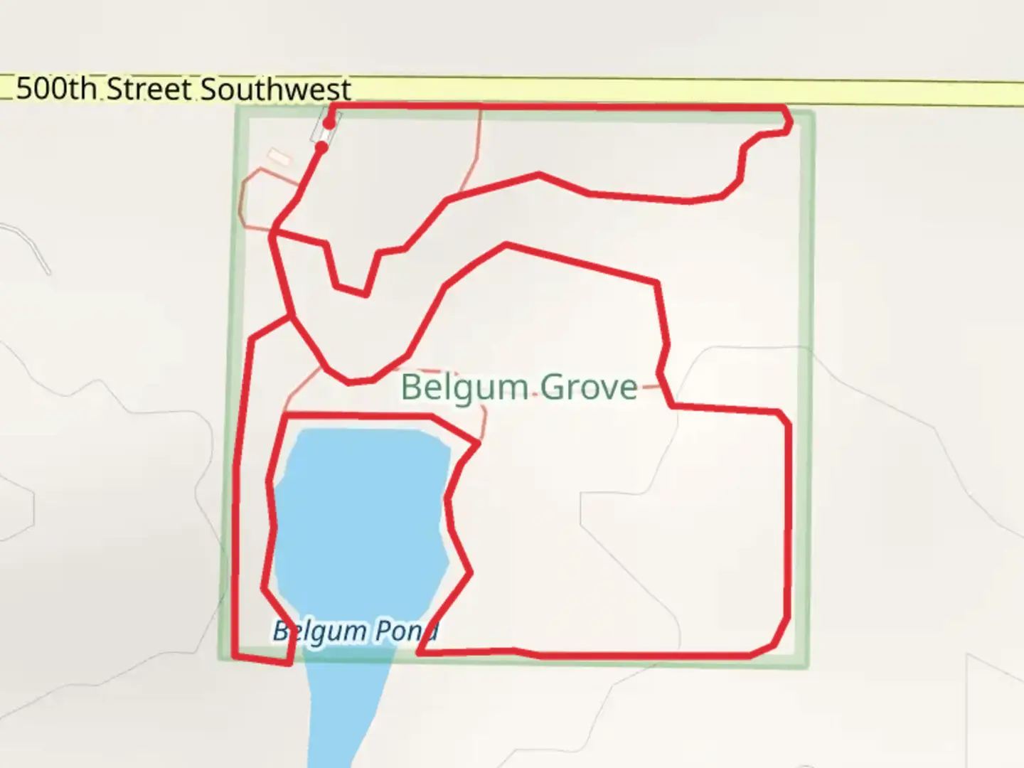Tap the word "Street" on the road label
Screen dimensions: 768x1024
(x=149, y=90)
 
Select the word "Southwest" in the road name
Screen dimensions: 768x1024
(x=275, y=90)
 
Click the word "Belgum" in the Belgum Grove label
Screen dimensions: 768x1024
(x=464, y=388)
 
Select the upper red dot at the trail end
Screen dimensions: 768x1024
(x=329, y=123)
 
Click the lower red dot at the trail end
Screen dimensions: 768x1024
(x=321, y=148)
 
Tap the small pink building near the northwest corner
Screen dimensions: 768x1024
(x=279, y=157)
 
